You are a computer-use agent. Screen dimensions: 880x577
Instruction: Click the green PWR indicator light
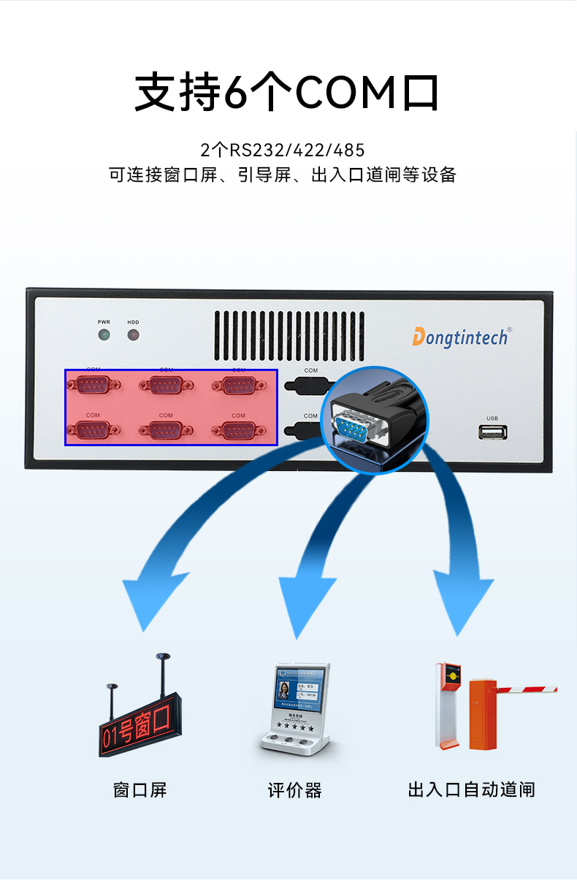pyautogui.click(x=104, y=335)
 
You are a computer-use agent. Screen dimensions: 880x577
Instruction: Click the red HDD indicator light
pyautogui.click(x=133, y=335)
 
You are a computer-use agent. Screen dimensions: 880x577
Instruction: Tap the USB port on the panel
pyautogui.click(x=493, y=432)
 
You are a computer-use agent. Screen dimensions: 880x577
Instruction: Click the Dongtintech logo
pyautogui.click(x=459, y=336)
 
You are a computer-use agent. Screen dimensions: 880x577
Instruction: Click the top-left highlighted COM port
pyautogui.click(x=93, y=385)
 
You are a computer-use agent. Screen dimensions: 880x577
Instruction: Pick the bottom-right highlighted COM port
pyautogui.click(x=238, y=430)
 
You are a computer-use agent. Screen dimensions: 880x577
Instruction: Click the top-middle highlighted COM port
pyautogui.click(x=166, y=385)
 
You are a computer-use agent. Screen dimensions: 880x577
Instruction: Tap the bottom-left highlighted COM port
pyautogui.click(x=93, y=430)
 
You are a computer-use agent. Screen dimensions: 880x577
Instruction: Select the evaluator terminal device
pyautogui.click(x=295, y=708)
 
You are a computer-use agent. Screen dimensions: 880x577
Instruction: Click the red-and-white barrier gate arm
pyautogui.click(x=526, y=689)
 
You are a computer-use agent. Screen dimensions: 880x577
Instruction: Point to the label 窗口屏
pyautogui.click(x=140, y=789)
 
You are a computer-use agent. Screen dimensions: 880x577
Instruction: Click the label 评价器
pyautogui.click(x=294, y=789)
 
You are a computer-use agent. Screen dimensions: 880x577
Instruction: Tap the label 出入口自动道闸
pyautogui.click(x=471, y=789)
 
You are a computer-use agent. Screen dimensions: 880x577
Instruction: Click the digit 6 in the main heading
pyautogui.click(x=235, y=93)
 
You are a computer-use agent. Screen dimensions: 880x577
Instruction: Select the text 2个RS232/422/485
pyautogui.click(x=283, y=150)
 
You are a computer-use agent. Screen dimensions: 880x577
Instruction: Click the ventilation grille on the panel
pyautogui.click(x=289, y=335)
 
